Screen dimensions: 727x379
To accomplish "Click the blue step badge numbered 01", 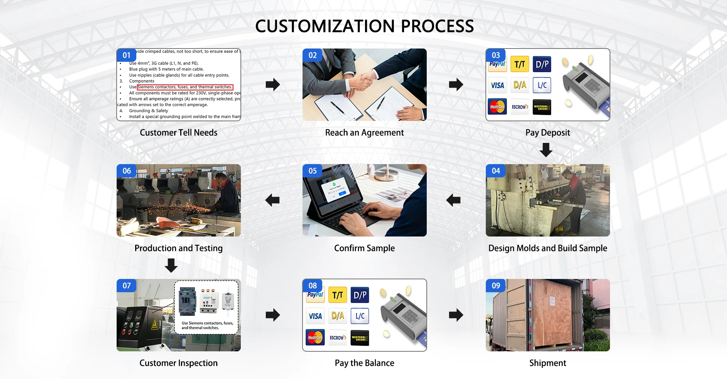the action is (126, 55).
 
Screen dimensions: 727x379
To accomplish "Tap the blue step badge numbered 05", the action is (312, 171).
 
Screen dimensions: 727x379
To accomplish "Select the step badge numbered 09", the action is (496, 286).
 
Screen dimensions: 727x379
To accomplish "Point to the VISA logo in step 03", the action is (497, 85).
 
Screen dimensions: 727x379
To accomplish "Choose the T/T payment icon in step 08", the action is (337, 295).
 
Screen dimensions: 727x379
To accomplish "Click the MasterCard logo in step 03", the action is (497, 107).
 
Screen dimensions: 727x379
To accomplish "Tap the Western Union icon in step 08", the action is (360, 338).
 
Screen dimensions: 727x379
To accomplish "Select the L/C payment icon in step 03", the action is (542, 85).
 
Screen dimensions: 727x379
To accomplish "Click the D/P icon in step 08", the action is (360, 295).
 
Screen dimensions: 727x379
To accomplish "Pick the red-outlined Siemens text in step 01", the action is (185, 87).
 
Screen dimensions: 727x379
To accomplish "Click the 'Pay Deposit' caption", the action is (548, 133).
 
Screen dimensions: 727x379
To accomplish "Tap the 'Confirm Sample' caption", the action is (364, 248).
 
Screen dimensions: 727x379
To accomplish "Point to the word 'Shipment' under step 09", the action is (548, 363).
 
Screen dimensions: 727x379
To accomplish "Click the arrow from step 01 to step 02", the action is (273, 85).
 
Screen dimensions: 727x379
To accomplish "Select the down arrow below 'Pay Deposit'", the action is (546, 150).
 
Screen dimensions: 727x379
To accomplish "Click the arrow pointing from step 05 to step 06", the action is (272, 200).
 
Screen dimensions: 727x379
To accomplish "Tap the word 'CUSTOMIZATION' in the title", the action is (325, 27).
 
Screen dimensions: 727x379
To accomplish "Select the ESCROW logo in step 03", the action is (520, 107).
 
